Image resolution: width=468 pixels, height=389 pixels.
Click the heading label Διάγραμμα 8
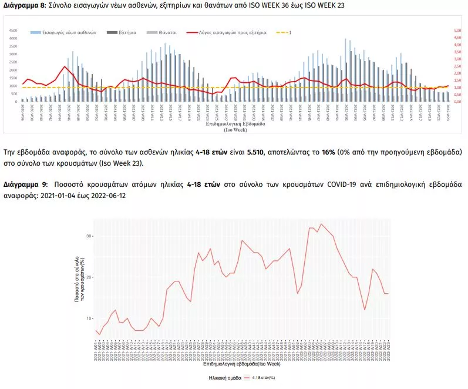coord(23,5)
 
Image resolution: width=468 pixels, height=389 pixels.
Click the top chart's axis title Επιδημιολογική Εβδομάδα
coord(234,125)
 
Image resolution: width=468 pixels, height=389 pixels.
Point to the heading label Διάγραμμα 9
coord(23,184)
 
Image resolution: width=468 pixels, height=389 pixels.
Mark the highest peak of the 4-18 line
coord(321,223)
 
